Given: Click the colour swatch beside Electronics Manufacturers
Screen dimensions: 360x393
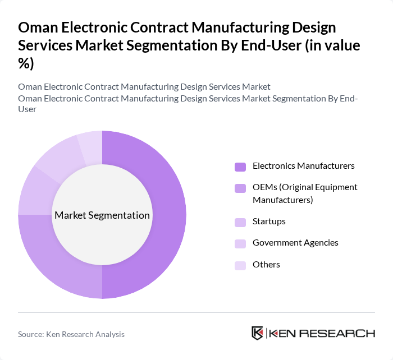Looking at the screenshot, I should pyautogui.click(x=240, y=167).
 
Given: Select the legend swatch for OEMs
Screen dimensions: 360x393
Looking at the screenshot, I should pyautogui.click(x=240, y=188).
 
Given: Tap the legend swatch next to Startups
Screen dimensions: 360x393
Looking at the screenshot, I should pyautogui.click(x=240, y=222).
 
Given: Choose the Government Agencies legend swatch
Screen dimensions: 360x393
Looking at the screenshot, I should pyautogui.click(x=240, y=243).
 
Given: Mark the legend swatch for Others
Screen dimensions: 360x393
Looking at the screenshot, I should pyautogui.click(x=240, y=265).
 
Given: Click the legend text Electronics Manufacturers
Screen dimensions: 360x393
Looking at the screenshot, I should pyautogui.click(x=303, y=166).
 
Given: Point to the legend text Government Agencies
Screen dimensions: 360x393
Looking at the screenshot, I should pyautogui.click(x=295, y=243).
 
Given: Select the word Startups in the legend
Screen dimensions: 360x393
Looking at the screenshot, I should pyautogui.click(x=269, y=221).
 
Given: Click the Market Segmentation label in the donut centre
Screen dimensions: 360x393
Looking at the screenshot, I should pyautogui.click(x=102, y=215).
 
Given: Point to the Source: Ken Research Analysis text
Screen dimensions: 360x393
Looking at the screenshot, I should pyautogui.click(x=71, y=334).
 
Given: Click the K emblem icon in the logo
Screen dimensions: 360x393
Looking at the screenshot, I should pyautogui.click(x=258, y=333).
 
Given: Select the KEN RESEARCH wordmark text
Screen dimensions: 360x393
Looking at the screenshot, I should pyautogui.click(x=323, y=333).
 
